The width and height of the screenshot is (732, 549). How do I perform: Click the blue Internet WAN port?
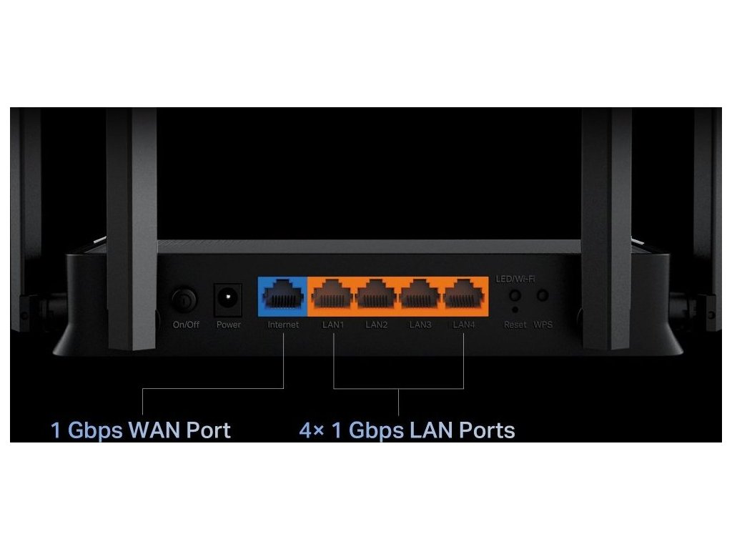[282, 296]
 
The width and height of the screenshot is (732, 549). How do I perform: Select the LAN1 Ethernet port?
[333, 296]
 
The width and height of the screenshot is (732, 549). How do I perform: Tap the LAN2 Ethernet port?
[377, 296]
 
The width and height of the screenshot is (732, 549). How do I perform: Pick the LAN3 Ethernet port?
[420, 296]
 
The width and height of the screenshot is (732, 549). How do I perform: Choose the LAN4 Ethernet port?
[464, 296]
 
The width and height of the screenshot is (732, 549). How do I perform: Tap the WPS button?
[543, 295]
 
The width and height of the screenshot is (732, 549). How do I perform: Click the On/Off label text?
[186, 325]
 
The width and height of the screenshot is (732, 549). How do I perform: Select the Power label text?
[229, 325]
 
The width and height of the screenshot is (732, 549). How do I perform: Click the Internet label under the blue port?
[283, 325]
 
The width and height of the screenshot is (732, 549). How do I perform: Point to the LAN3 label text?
[420, 325]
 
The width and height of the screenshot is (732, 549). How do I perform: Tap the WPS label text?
[543, 325]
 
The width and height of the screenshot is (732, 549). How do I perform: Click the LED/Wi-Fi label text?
[515, 278]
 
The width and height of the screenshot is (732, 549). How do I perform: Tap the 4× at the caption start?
[312, 430]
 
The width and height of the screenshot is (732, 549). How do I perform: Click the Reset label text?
[515, 325]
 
